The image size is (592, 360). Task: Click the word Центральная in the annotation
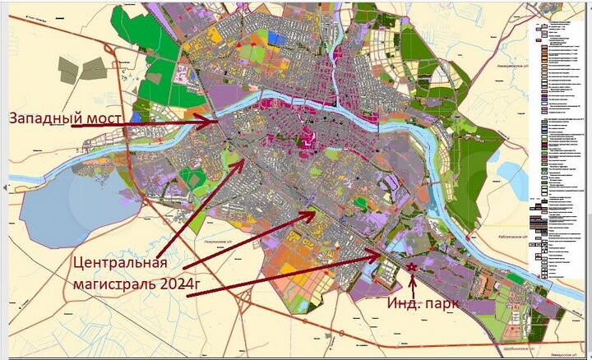(120, 264)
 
